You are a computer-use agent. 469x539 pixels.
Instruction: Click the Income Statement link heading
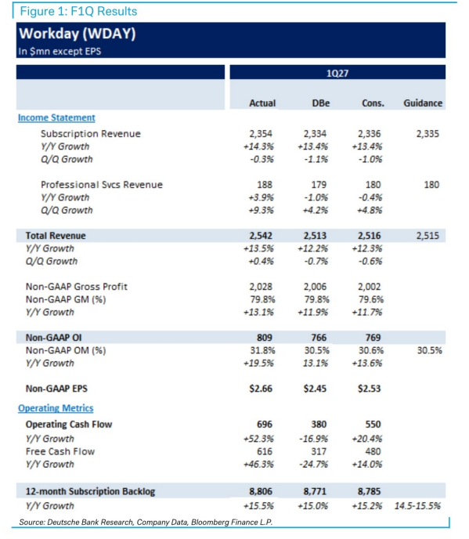click(56, 118)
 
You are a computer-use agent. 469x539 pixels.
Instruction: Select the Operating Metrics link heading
click(56, 408)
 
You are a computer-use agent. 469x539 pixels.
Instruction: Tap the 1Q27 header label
click(337, 73)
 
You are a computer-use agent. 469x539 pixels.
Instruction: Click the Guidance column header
click(423, 103)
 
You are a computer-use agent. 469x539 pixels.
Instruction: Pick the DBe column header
click(320, 103)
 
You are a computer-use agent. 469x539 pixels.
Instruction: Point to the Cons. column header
click(373, 103)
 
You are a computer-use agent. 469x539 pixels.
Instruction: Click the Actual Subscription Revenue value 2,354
click(261, 134)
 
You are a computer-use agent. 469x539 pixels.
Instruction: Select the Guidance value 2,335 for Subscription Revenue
click(428, 134)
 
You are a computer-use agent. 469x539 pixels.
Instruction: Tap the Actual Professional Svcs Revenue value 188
click(265, 185)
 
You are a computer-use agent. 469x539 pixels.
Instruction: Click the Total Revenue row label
click(56, 236)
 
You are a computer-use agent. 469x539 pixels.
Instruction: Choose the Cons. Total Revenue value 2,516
click(369, 236)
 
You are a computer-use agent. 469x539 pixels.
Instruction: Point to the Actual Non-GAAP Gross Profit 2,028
click(261, 287)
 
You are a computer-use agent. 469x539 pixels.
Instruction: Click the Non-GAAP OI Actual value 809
click(265, 338)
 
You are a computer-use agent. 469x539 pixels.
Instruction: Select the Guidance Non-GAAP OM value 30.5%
click(430, 350)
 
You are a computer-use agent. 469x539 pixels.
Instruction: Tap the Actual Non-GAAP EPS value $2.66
click(261, 389)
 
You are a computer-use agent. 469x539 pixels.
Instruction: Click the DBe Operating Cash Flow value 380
click(319, 424)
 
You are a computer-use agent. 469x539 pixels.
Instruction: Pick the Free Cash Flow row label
click(60, 451)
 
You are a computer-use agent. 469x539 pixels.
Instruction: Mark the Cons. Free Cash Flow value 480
click(373, 451)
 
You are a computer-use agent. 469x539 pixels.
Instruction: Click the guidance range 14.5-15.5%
click(417, 505)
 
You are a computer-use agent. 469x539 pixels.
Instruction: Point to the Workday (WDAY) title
click(78, 34)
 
